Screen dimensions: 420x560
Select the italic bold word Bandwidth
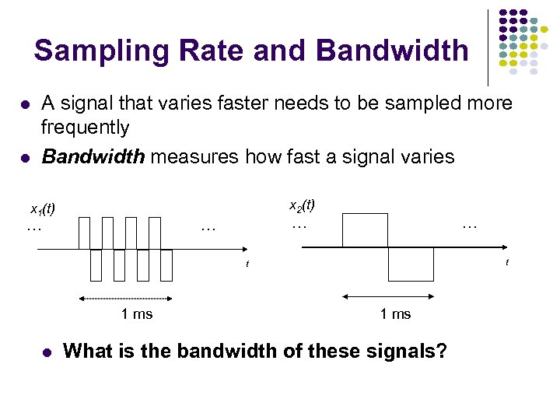93,157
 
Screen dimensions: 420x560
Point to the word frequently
85,127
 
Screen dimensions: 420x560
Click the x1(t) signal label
42,210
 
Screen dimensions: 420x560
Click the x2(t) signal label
302,205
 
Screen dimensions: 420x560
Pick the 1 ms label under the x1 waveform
137,314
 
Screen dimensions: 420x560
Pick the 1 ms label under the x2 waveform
395,314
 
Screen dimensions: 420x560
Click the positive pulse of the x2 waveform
365,229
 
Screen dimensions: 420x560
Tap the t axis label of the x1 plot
247,264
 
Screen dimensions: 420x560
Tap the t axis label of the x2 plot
506,262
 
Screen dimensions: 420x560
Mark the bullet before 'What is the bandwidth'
47,352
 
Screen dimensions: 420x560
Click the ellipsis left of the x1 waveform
34,229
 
